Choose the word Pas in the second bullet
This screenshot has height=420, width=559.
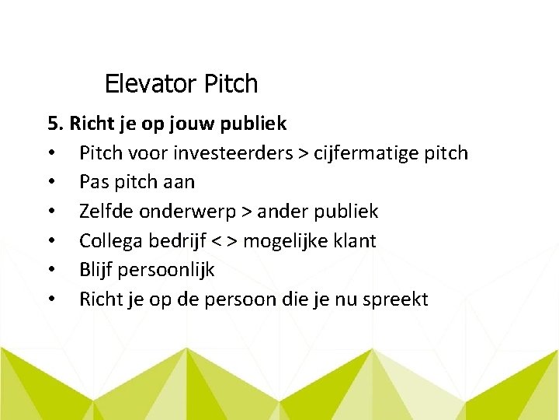point(92,182)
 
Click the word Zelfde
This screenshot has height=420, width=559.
point(105,212)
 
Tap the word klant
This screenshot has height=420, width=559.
point(356,241)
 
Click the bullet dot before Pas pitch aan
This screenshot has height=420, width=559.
point(51,183)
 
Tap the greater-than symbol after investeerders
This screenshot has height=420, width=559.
point(301,153)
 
